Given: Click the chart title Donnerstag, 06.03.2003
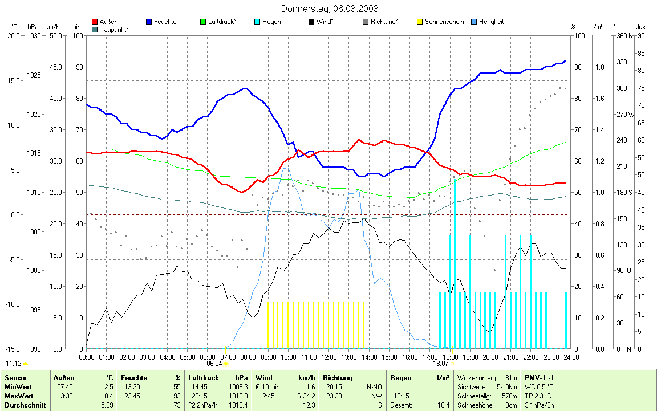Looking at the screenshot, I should point(329,9).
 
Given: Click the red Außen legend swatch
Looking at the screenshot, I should point(95,22).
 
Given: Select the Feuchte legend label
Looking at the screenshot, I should point(165,22).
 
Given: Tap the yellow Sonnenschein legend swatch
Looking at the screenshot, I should point(421,22).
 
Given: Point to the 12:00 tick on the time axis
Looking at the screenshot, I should point(328,357).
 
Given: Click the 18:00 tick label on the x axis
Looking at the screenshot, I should point(450,357).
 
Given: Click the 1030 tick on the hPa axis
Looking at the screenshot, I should point(34,36).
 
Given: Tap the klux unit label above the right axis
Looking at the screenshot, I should point(639,27).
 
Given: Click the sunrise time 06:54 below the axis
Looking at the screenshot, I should point(214,364).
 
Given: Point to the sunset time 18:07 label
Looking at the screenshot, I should point(440,364).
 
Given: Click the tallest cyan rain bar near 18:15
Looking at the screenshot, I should point(455,262).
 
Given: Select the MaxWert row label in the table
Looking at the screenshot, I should point(19,396).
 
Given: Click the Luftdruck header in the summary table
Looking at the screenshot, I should point(203,378).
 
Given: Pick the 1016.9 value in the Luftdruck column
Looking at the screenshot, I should point(238,396).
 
